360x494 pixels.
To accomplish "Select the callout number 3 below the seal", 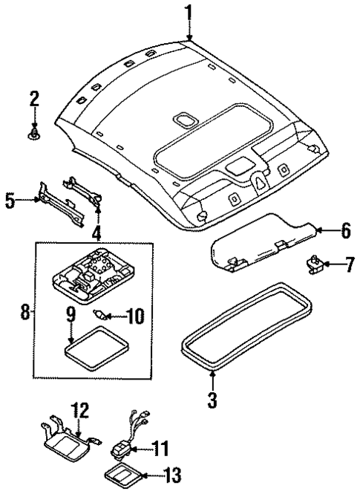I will pyautogui.click(x=212, y=402).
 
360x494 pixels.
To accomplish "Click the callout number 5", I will pyautogui.click(x=10, y=201).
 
